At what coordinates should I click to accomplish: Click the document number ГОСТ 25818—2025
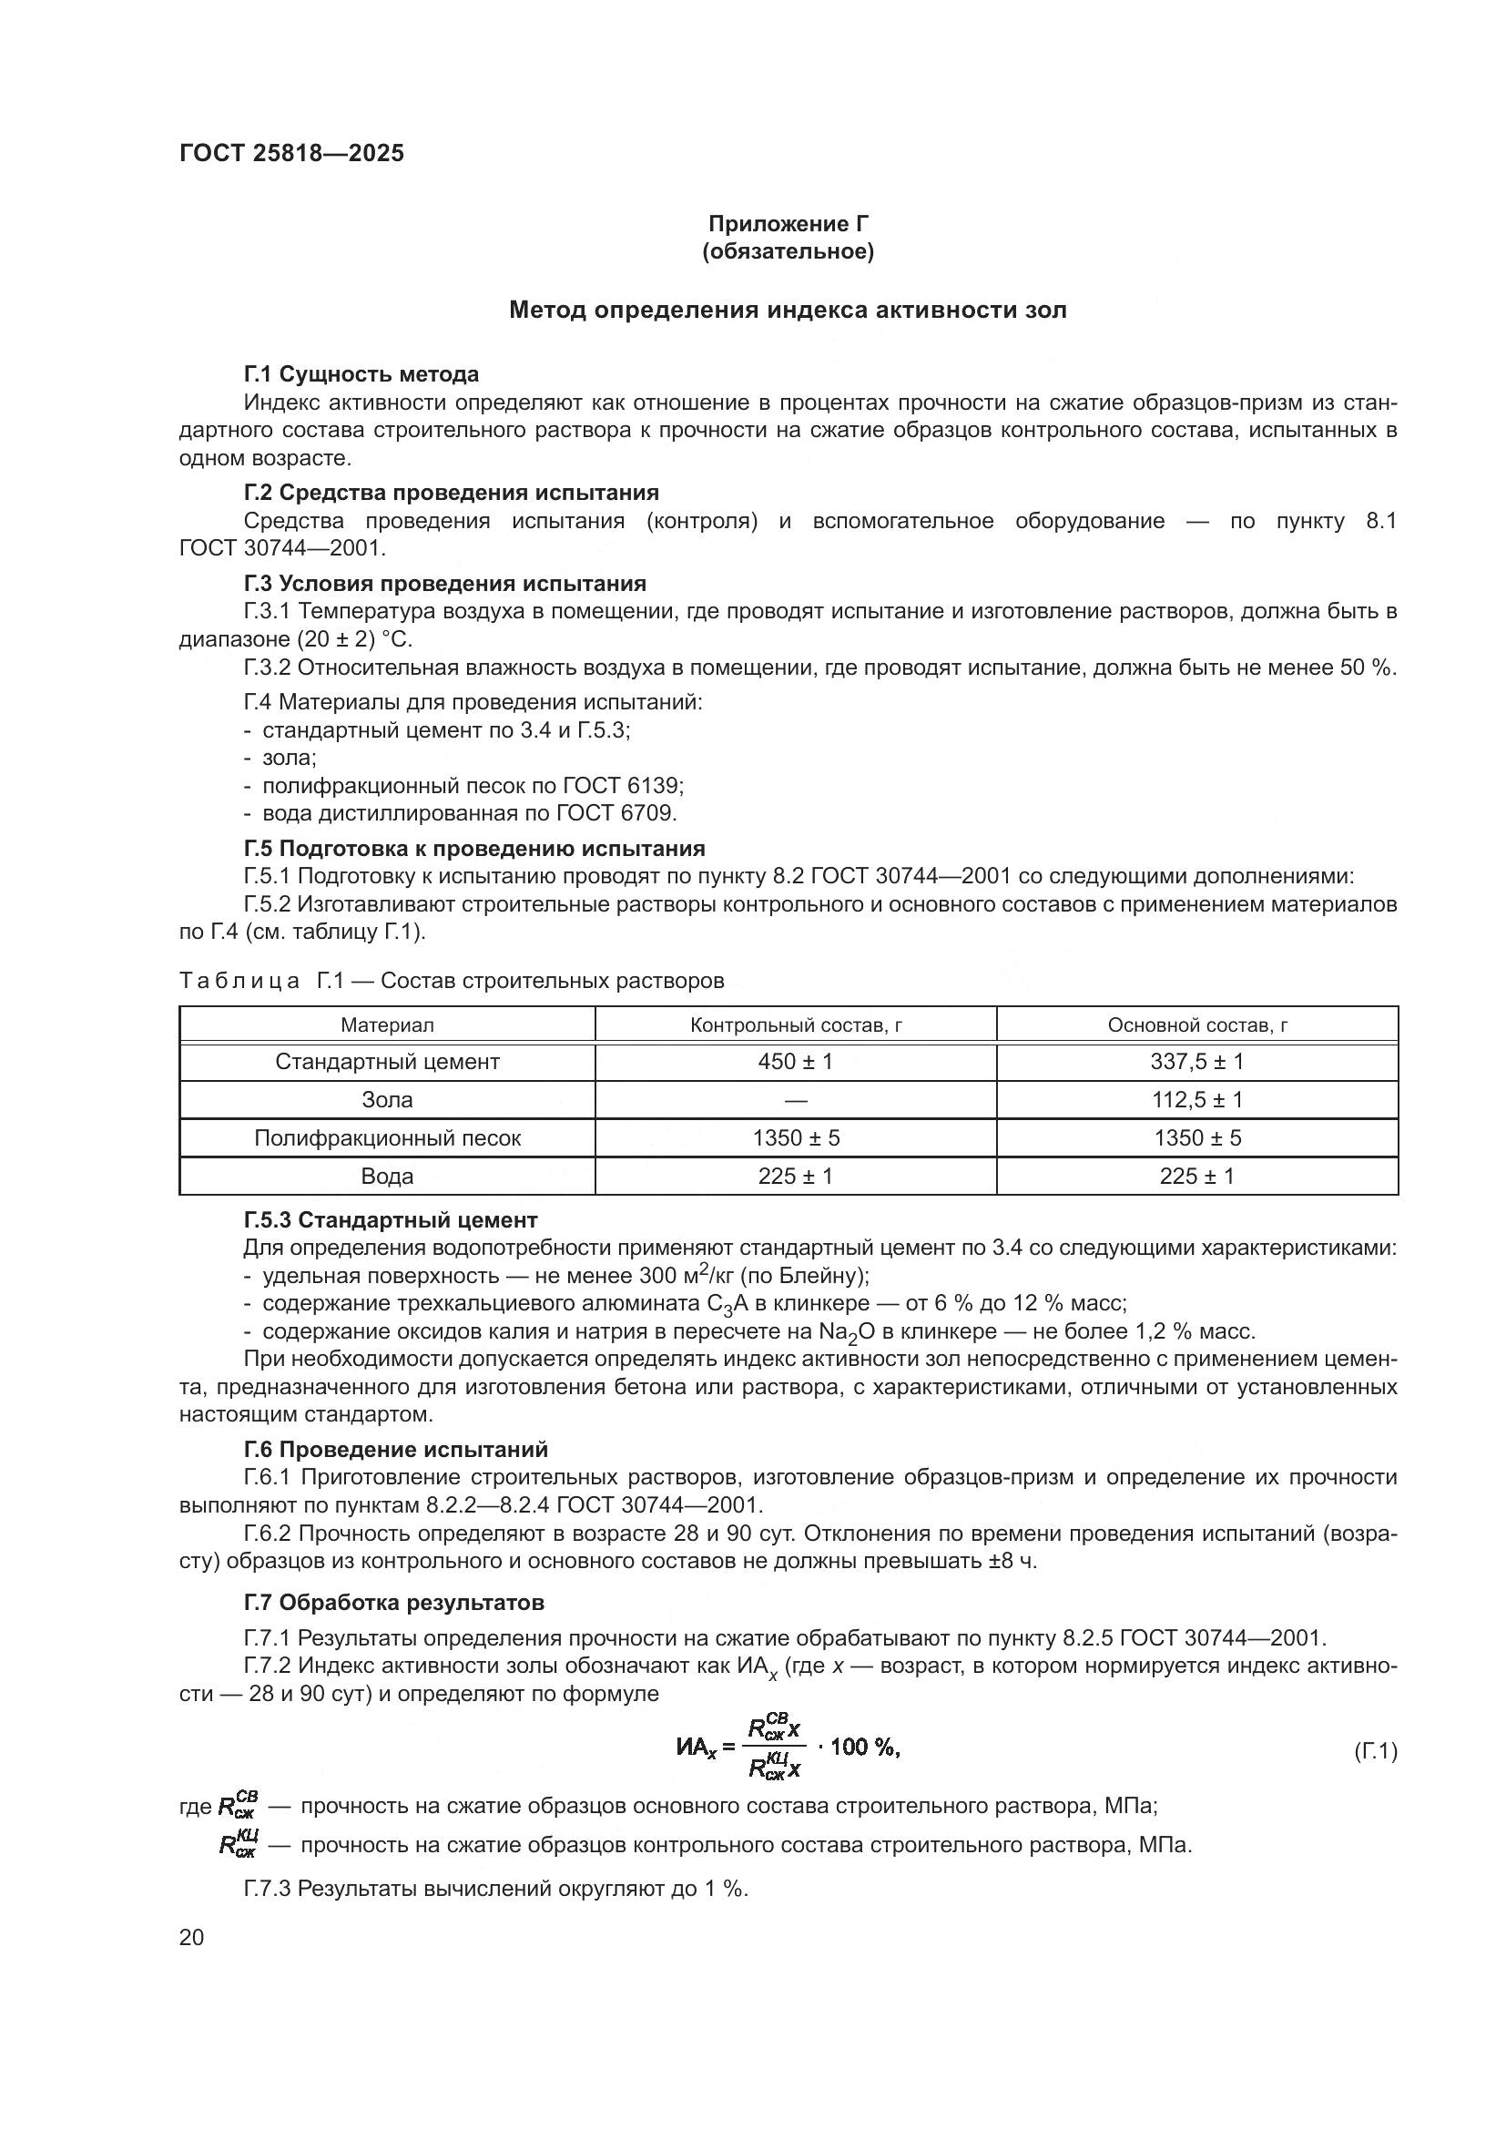[292, 153]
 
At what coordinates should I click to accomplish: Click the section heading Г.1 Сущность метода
[361, 374]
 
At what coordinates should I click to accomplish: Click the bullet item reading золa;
[289, 757]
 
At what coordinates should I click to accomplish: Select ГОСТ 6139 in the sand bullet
[622, 786]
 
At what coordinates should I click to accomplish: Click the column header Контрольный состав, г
[795, 1024]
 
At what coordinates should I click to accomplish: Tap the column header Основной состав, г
[1196, 1024]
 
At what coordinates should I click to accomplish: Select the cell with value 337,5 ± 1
[1196, 1061]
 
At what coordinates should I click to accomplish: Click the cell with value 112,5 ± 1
[1196, 1099]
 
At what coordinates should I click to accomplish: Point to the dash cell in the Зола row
[795, 1100]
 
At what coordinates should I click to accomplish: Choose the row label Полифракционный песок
[388, 1137]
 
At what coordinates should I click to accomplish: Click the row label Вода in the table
[387, 1176]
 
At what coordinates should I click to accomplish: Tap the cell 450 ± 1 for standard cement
[795, 1061]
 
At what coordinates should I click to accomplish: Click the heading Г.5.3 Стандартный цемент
[391, 1220]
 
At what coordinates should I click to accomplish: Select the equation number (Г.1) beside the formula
[1375, 1751]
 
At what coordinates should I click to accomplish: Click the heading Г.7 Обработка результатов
[394, 1602]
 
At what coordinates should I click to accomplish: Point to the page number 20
[191, 1937]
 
